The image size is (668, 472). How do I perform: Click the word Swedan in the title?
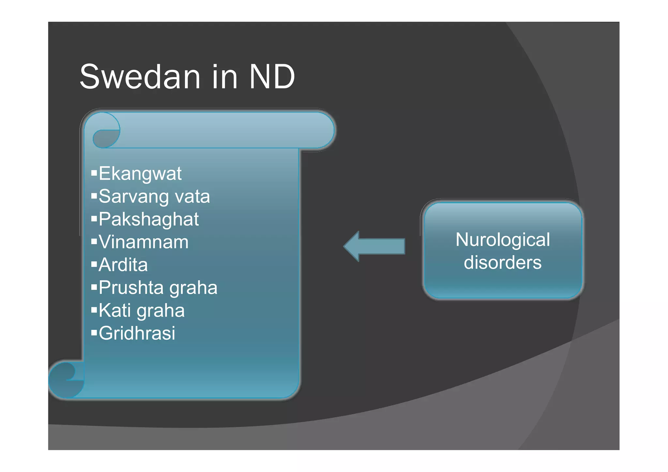tap(140, 77)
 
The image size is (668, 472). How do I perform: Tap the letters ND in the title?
tap(272, 77)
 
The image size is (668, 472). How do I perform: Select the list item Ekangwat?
tap(140, 173)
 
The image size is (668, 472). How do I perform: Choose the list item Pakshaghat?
tap(149, 219)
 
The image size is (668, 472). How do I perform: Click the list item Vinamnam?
tap(144, 242)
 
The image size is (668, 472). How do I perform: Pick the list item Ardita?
tap(123, 265)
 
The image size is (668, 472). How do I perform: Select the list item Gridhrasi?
tap(137, 333)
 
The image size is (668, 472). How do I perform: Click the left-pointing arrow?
tap(374, 246)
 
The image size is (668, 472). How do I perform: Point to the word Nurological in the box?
tap(503, 240)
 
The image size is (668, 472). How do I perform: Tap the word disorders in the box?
tap(503, 263)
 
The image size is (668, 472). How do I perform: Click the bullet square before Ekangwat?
tap(94, 172)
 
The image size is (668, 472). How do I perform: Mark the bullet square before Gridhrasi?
tap(94, 332)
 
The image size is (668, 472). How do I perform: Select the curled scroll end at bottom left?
tap(67, 379)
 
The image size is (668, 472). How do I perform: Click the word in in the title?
tap(224, 77)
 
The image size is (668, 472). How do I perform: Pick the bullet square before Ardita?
tap(94, 264)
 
